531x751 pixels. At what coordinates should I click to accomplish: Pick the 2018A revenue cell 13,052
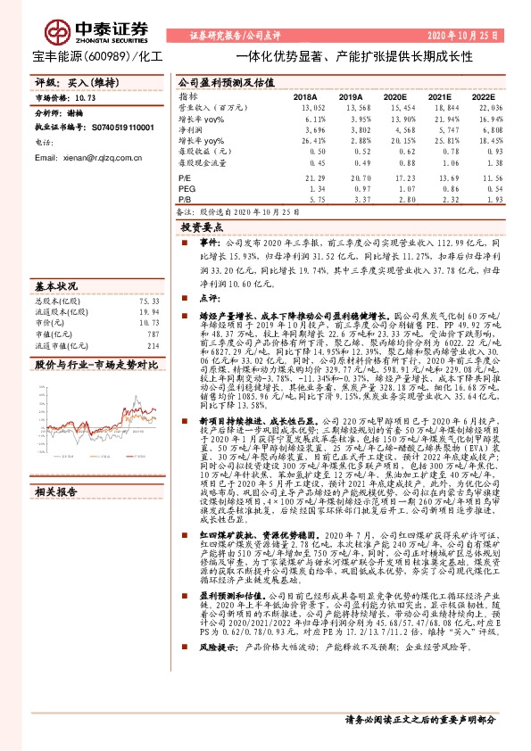tap(304, 107)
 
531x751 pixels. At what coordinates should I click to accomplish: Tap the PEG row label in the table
tap(187, 190)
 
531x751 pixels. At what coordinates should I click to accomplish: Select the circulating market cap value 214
tap(153, 345)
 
